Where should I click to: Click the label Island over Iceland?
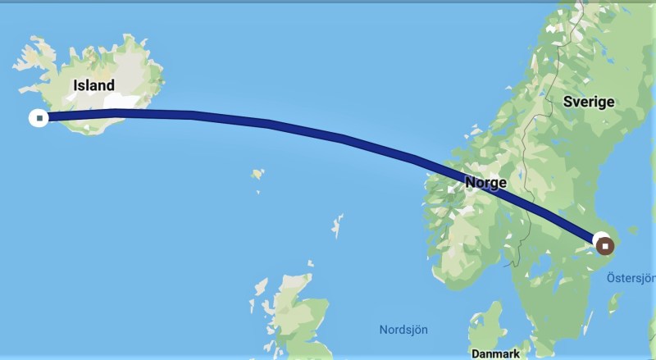coord(93,85)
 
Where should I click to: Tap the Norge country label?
coord(485,183)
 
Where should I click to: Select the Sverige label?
coord(589,102)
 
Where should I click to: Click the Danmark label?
coord(495,354)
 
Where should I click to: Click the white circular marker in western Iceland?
coord(38,117)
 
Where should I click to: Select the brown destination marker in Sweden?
coord(605,244)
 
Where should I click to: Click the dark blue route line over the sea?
coord(271,125)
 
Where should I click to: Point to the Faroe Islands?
coord(258,174)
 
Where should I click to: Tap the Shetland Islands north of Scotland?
coord(336,226)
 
